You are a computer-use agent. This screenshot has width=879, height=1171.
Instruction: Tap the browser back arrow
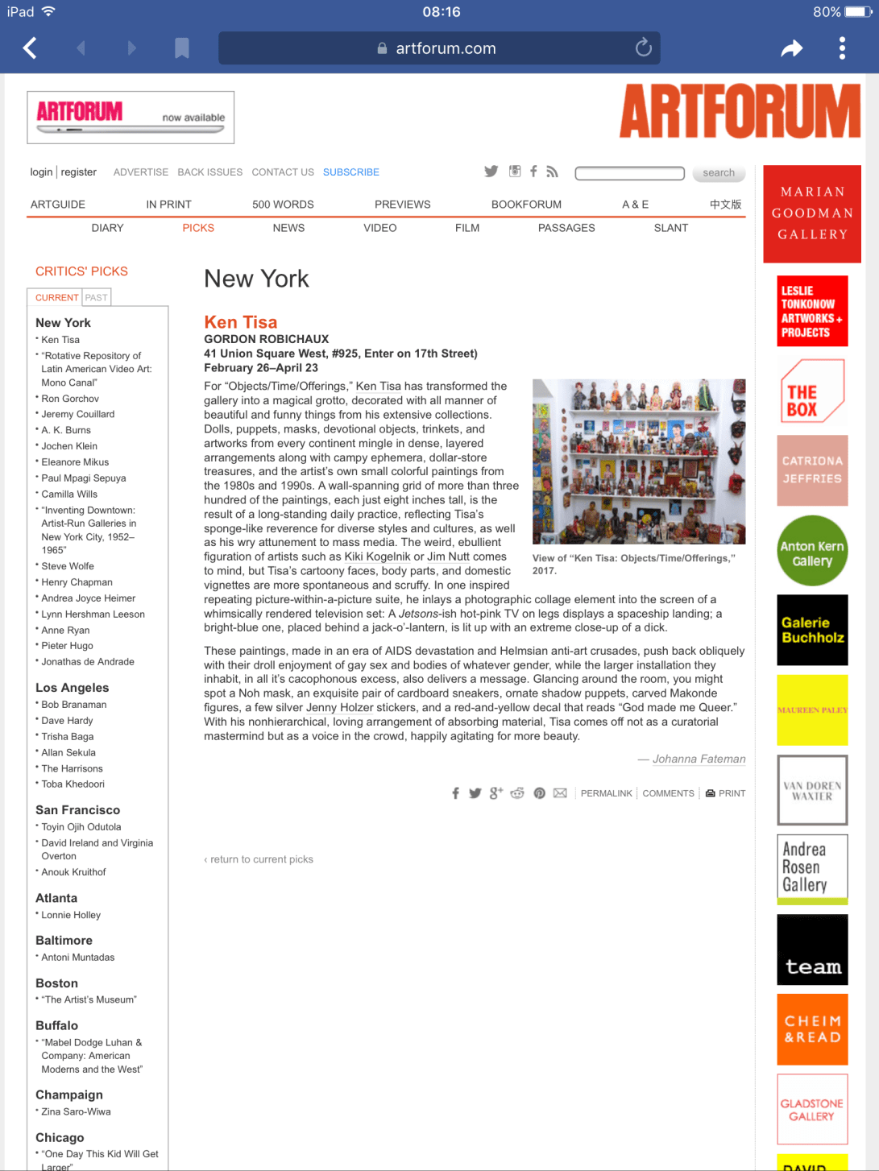pos(30,48)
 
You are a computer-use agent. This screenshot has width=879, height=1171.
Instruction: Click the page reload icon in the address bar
pos(643,48)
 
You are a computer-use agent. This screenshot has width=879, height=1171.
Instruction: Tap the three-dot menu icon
pos(842,48)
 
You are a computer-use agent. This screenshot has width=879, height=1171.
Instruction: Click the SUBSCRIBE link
pos(350,172)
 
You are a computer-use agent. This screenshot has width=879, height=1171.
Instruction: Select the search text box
pos(629,173)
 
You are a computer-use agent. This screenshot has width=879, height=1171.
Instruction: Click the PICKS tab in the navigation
pos(198,228)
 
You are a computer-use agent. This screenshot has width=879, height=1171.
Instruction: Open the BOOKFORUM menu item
pos(526,205)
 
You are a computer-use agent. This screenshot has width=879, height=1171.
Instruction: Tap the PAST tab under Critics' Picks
pos(96,298)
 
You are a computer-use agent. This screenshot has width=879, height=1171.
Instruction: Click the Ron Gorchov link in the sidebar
pos(70,399)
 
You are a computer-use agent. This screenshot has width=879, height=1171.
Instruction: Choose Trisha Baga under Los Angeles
pos(68,737)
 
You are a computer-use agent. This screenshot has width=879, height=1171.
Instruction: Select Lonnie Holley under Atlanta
pos(71,915)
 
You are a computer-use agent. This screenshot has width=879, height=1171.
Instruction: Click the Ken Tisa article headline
pos(240,322)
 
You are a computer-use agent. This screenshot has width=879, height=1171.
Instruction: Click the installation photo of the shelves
pos(639,461)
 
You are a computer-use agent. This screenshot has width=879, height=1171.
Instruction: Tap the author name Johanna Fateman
pos(699,759)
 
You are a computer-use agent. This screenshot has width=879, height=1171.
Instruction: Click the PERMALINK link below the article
pos(606,793)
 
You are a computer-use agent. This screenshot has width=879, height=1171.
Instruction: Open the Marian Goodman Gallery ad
pos(811,213)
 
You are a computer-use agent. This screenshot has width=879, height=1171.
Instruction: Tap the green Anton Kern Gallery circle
pos(812,551)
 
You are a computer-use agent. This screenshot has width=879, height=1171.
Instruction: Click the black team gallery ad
pos(812,950)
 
